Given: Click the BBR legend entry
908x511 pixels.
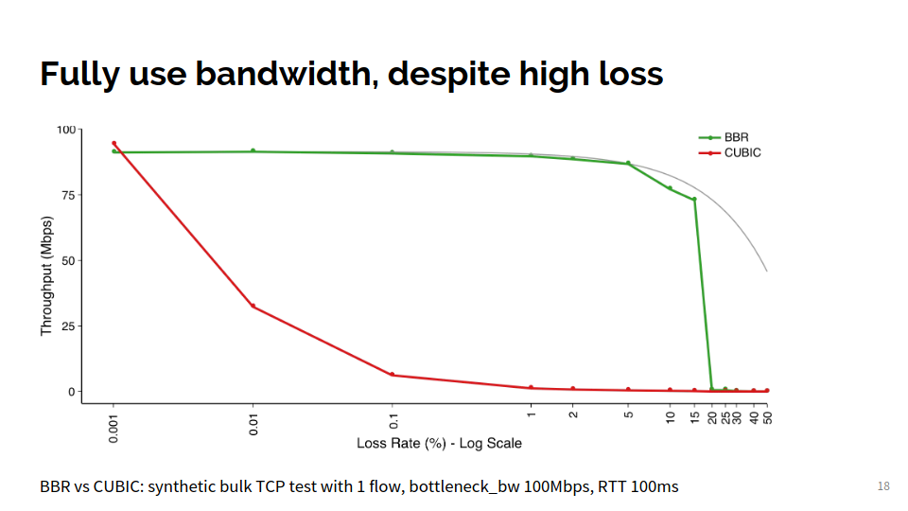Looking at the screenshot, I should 737,137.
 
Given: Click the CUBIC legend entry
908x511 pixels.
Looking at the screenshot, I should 742,152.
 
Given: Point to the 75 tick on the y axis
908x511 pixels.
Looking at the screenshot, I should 66,195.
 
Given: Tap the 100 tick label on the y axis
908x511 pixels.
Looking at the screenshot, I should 64,130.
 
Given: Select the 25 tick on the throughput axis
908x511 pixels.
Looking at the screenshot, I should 66,326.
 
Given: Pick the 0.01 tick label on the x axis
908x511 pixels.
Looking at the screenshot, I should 253,419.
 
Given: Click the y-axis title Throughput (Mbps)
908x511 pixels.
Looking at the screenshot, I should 46,275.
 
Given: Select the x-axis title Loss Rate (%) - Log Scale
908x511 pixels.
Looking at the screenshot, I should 439,443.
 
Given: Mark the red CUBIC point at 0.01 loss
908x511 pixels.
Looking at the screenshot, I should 253,306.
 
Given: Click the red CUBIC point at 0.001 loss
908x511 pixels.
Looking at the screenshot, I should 113,143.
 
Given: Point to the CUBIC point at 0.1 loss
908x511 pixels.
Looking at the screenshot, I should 392,375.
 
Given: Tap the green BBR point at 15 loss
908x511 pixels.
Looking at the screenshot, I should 694,199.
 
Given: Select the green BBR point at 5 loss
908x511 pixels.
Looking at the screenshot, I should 628,163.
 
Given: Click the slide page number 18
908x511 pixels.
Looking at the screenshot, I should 883,486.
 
